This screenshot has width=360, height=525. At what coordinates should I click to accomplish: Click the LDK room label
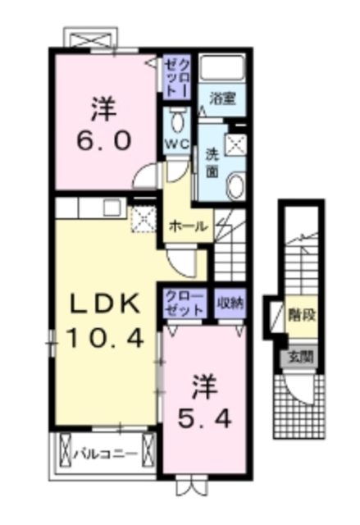coord(93,304)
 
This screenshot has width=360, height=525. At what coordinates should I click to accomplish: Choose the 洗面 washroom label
coord(211,162)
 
